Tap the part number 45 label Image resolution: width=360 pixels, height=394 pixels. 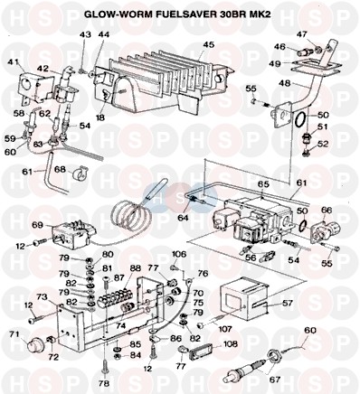(x=208, y=44)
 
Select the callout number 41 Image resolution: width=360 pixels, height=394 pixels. (x=14, y=62)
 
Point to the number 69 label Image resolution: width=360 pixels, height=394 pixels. (x=38, y=225)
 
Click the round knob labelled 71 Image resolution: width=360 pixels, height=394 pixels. (x=34, y=344)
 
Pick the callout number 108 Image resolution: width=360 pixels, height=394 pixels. (x=231, y=344)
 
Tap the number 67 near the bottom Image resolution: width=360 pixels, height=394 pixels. (x=274, y=379)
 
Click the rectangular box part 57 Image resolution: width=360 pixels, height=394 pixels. (x=244, y=302)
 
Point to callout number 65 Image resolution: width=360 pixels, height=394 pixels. (x=262, y=184)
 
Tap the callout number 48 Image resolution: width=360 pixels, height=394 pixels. (x=285, y=82)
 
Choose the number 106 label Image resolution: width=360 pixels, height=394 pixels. (x=179, y=255)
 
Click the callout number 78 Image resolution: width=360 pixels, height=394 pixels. (x=104, y=383)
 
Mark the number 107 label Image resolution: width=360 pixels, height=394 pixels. (x=225, y=329)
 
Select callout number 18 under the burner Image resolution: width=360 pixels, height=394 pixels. (x=100, y=117)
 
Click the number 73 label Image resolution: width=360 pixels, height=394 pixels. (x=42, y=297)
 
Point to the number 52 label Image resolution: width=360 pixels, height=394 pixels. (x=323, y=145)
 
